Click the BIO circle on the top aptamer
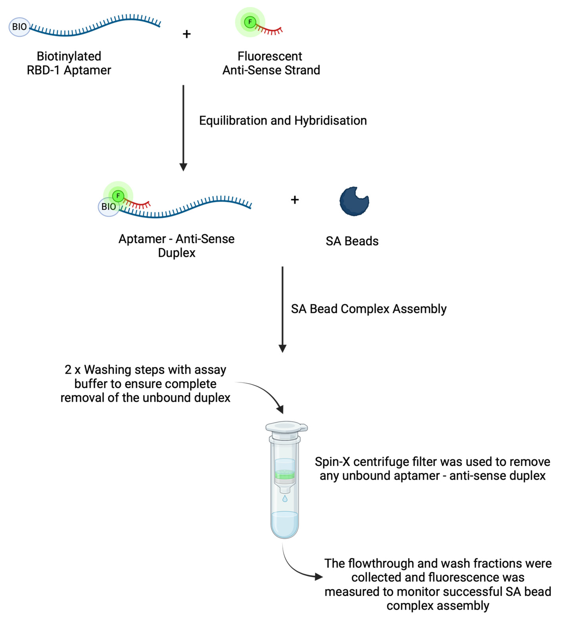pyautogui.click(x=19, y=27)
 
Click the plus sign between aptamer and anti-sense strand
pyautogui.click(x=186, y=34)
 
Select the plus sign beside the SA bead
pyautogui.click(x=295, y=200)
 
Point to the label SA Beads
pyautogui.click(x=352, y=241)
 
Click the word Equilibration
pyautogui.click(x=233, y=121)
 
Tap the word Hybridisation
pyautogui.click(x=331, y=121)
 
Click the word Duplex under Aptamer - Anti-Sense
pyautogui.click(x=177, y=253)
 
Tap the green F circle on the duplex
pyautogui.click(x=118, y=196)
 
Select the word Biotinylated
pyautogui.click(x=69, y=56)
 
